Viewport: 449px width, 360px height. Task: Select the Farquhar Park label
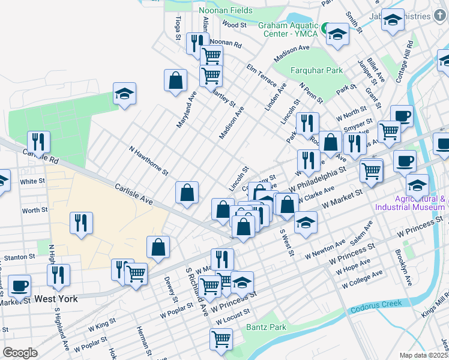pyautogui.click(x=316, y=70)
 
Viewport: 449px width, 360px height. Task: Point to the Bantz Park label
pyautogui.click(x=266, y=327)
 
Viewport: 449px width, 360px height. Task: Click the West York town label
pyautogui.click(x=56, y=298)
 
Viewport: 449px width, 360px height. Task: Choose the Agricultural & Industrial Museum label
pyautogui.click(x=411, y=203)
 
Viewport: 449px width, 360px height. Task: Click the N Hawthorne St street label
pyautogui.click(x=148, y=160)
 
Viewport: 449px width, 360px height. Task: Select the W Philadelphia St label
pyautogui.click(x=318, y=179)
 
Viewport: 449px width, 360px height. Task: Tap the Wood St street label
pyautogui.click(x=234, y=25)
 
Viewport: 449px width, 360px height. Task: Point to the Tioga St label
pyautogui.click(x=178, y=28)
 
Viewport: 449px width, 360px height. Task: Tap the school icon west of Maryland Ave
pyautogui.click(x=124, y=94)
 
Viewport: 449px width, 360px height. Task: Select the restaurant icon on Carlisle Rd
pyautogui.click(x=38, y=142)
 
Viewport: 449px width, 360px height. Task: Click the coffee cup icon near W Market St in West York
pyautogui.click(x=19, y=285)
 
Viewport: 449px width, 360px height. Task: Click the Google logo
pyautogui.click(x=20, y=353)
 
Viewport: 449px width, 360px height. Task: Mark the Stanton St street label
pyautogui.click(x=19, y=257)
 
